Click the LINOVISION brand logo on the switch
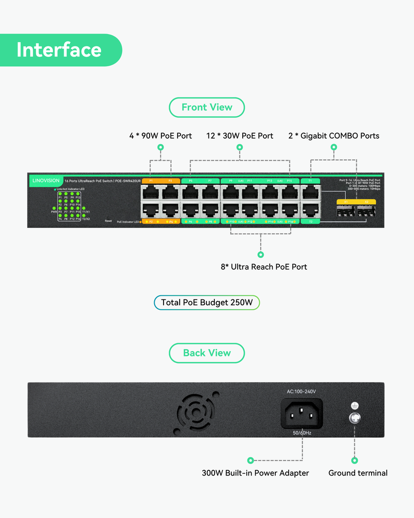[x=45, y=181]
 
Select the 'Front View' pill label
[x=207, y=107]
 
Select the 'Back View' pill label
[x=207, y=353]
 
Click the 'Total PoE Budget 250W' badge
[x=206, y=303]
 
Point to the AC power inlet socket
[x=302, y=413]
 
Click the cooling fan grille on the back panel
[x=197, y=413]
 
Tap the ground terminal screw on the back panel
[x=355, y=419]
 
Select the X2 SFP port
[x=366, y=211]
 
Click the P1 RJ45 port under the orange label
[x=151, y=193]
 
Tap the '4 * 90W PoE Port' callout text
[x=160, y=136]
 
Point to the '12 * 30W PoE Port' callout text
[x=240, y=136]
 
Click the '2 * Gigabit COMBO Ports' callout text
[x=334, y=136]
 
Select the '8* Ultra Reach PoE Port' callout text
[x=264, y=267]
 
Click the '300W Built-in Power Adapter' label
[x=255, y=473]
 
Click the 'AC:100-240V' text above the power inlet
[x=302, y=392]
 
